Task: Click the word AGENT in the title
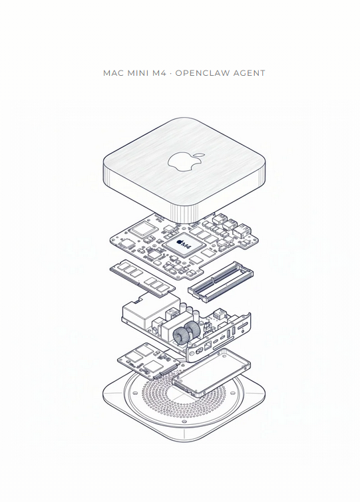250,73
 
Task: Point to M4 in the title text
160,73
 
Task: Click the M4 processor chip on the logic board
184,245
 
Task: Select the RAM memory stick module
142,277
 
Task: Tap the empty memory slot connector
220,281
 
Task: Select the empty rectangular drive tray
211,372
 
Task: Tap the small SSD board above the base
148,360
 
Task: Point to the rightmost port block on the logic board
242,230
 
